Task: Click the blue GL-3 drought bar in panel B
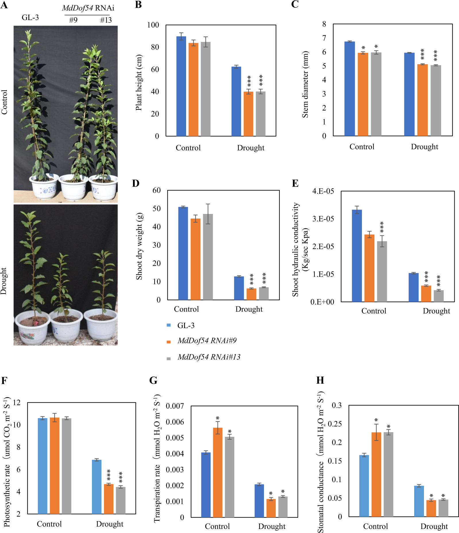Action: pyautogui.click(x=236, y=101)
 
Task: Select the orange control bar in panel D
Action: pyautogui.click(x=195, y=259)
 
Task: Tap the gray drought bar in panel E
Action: pyautogui.click(x=439, y=296)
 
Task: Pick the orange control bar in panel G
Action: pyautogui.click(x=217, y=473)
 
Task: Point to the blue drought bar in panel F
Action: pyautogui.click(x=97, y=487)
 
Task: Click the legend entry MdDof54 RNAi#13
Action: pyautogui.click(x=209, y=357)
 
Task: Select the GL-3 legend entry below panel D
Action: pyautogui.click(x=186, y=325)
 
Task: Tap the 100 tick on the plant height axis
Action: pyautogui.click(x=153, y=25)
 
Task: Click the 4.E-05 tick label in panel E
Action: pyautogui.click(x=323, y=191)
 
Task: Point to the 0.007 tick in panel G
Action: pyautogui.click(x=175, y=406)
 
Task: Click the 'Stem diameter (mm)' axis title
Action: pyautogui.click(x=305, y=84)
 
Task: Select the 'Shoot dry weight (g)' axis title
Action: pyautogui.click(x=139, y=246)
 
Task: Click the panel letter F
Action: pyautogui.click(x=4, y=381)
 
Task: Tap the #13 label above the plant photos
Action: pyautogui.click(x=106, y=20)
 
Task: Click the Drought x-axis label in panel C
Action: pyautogui.click(x=424, y=147)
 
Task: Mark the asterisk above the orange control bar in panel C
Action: pyautogui.click(x=363, y=48)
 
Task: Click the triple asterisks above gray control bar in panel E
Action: pyautogui.click(x=382, y=227)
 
